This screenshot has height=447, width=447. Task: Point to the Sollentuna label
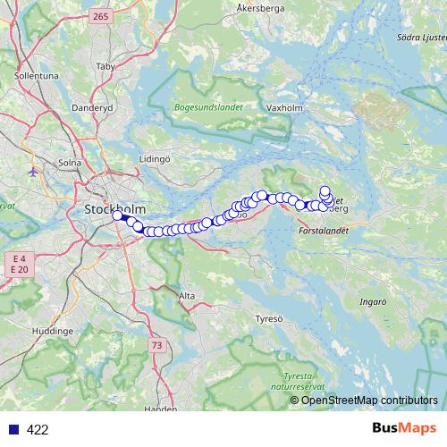[37, 77]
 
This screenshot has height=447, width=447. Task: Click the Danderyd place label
[95, 106]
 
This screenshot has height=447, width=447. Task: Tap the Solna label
[69, 164]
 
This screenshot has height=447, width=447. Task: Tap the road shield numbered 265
[100, 17]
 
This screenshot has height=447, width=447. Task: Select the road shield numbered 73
[157, 344]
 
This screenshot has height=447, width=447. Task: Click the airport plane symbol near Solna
[34, 171]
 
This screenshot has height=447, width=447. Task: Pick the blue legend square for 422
[13, 429]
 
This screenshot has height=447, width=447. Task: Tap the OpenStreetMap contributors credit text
[368, 401]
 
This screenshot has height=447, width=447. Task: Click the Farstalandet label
[321, 230]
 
